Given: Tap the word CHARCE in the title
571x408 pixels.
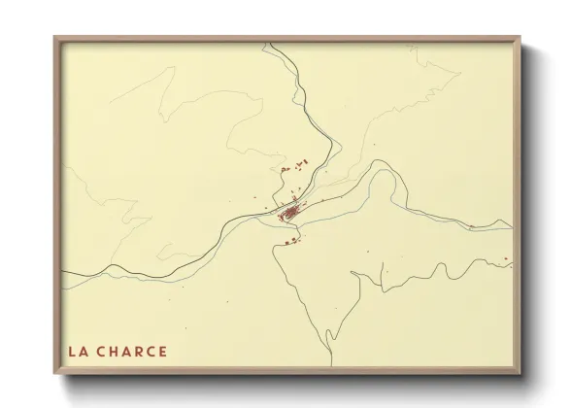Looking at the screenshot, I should pyautogui.click(x=132, y=352).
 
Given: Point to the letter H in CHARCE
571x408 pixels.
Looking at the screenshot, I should pyautogui.click(x=115, y=352).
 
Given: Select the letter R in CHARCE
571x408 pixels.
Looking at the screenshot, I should pyautogui.click(x=138, y=352).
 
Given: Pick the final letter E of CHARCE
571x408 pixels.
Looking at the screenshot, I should pyautogui.click(x=162, y=352).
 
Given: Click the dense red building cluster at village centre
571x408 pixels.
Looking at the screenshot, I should pyautogui.click(x=290, y=209).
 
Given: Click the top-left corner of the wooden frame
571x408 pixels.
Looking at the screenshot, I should pyautogui.click(x=55, y=38).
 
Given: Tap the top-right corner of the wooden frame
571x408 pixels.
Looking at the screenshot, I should pyautogui.click(x=520, y=38).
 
